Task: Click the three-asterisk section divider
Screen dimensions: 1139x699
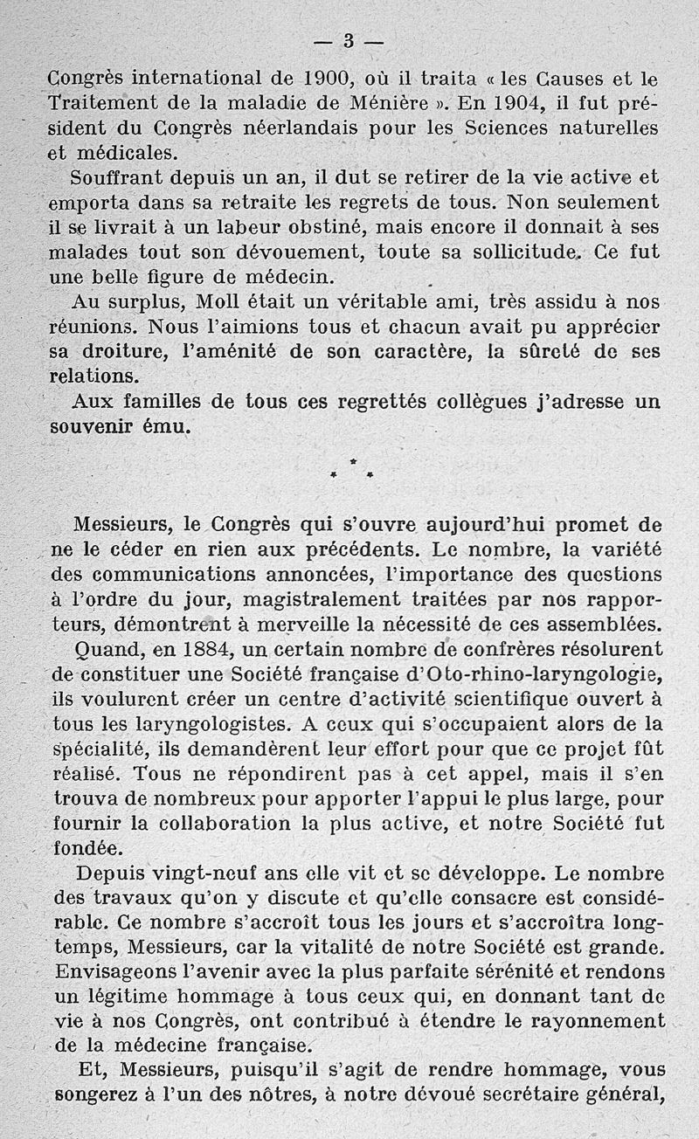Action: [x=352, y=469]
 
